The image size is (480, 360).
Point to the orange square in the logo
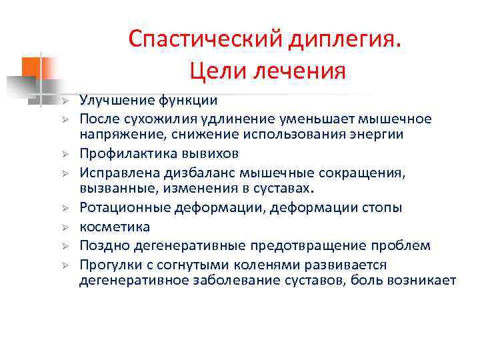[33, 68]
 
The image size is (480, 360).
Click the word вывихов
[209, 153]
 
